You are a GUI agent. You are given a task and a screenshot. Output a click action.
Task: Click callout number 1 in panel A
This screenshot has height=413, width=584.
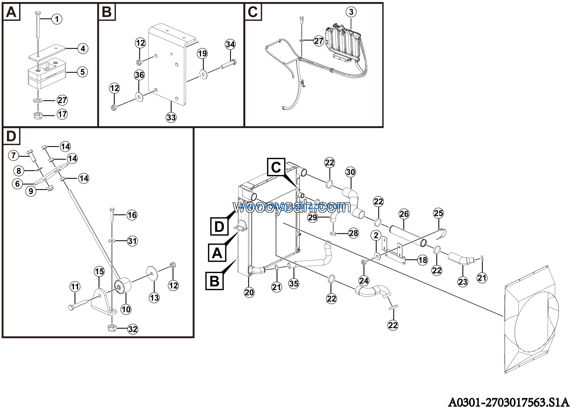click(57, 19)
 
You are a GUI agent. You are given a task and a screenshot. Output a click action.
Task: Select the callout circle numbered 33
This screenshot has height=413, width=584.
click(171, 117)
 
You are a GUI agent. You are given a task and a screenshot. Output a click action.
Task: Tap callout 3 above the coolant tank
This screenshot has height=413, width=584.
click(351, 12)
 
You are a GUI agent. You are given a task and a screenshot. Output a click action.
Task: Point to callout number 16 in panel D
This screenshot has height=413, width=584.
click(132, 215)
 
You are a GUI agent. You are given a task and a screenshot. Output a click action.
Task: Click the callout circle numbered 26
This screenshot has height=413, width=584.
click(404, 214)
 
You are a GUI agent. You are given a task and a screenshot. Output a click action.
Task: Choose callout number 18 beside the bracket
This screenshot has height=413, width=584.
click(422, 260)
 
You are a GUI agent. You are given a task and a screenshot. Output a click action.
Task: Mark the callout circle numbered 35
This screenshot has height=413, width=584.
click(294, 283)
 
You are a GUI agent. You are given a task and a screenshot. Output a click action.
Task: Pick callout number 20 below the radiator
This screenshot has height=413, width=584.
click(249, 292)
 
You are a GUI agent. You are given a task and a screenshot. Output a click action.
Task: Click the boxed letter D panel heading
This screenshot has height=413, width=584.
click(11, 136)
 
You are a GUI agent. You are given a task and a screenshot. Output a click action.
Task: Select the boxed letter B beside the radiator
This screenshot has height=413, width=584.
click(214, 281)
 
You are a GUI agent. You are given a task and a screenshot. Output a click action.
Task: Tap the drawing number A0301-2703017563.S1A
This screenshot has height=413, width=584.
click(509, 402)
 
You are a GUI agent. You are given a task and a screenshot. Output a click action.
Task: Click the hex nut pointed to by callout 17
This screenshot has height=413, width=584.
click(38, 116)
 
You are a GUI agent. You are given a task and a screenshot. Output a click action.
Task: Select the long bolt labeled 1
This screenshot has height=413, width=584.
click(38, 25)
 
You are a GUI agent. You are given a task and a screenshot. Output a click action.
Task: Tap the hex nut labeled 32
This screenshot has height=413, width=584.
click(112, 328)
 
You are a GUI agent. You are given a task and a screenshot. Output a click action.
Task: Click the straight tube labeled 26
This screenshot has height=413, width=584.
click(407, 236)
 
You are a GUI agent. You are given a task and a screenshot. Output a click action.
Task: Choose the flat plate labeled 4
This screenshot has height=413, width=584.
click(47, 53)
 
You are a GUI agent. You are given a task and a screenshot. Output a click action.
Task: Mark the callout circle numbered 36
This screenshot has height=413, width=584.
click(139, 75)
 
